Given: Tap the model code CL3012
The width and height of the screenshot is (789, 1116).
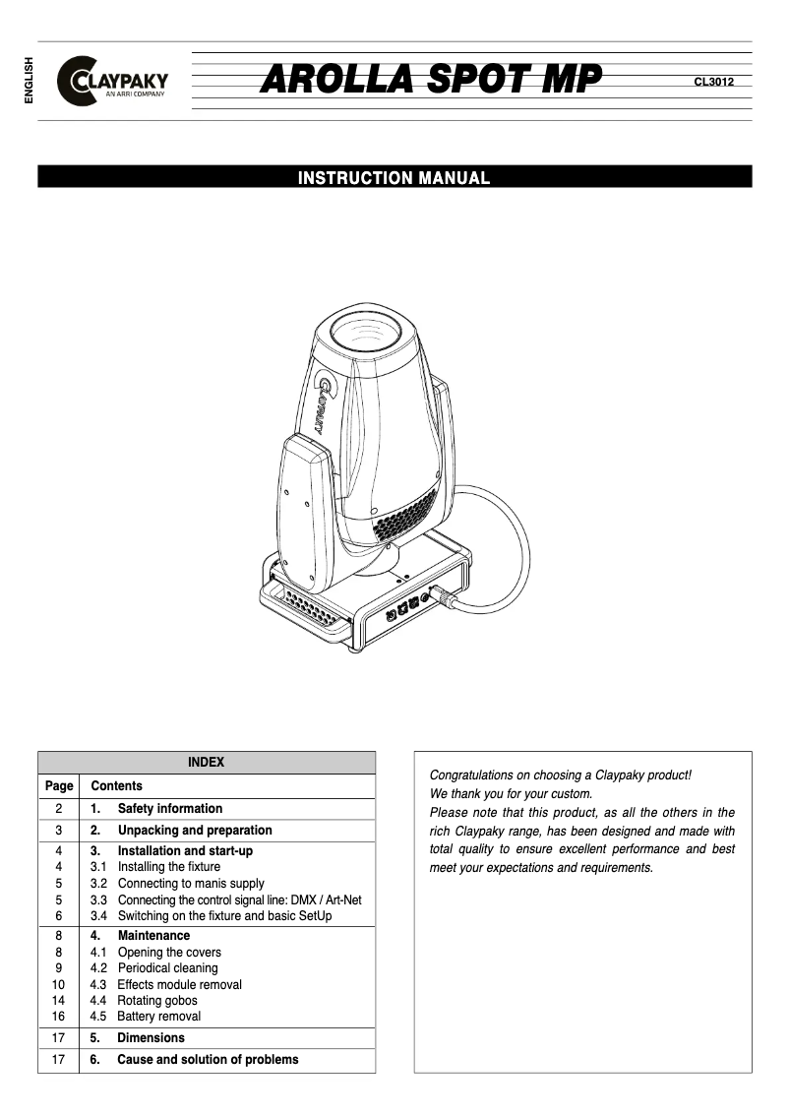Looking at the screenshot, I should pos(713,82).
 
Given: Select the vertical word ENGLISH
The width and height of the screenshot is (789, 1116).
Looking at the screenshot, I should pos(29,81).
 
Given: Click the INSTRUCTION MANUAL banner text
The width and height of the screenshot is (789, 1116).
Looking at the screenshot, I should pos(394,178).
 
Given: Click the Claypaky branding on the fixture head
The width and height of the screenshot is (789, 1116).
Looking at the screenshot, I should pos(323,403).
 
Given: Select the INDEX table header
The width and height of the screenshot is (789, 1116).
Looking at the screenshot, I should pos(206,762).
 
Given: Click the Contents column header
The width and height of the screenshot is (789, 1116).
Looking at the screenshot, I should pos(116,785).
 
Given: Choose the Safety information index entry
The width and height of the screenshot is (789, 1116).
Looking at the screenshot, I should pos(169,808).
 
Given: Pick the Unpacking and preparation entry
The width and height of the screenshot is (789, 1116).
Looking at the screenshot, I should pos(194,830).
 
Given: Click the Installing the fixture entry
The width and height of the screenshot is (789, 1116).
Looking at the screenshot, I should pos(168,867).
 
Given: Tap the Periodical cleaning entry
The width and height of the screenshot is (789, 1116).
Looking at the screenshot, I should pos(167,968).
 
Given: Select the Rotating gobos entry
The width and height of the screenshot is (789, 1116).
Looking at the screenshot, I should pos(156,1001).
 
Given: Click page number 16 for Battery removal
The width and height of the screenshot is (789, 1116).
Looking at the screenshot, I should pos(58,1017).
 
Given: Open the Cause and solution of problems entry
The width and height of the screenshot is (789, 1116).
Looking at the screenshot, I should pos(207,1060).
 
